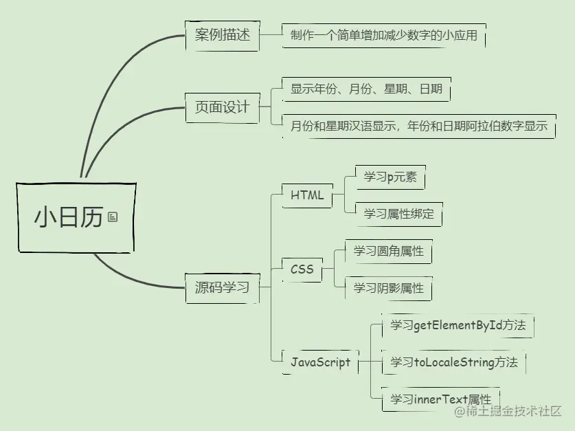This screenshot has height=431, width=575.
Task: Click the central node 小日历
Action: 69,217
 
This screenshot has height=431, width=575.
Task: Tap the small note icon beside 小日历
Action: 113,217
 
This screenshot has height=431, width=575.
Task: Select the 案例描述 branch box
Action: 223,35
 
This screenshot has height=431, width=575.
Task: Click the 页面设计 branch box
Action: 222,107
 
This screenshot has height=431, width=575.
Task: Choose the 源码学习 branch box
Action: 222,287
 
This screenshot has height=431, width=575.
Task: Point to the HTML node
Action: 307,195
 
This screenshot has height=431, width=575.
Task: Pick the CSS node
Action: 302,269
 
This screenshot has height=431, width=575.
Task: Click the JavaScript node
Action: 320,362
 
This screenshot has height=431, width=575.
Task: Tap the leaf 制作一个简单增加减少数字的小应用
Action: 383,35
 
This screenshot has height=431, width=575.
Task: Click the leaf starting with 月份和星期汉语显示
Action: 418,126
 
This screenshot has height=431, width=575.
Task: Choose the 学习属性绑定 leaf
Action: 399,214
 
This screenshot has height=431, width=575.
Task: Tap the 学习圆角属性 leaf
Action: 389,251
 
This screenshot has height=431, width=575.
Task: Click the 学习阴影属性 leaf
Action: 389,288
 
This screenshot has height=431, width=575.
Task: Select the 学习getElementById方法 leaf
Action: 458,325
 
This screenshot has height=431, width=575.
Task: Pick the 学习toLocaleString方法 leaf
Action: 454,362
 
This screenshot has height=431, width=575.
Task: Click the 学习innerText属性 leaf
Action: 440,399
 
